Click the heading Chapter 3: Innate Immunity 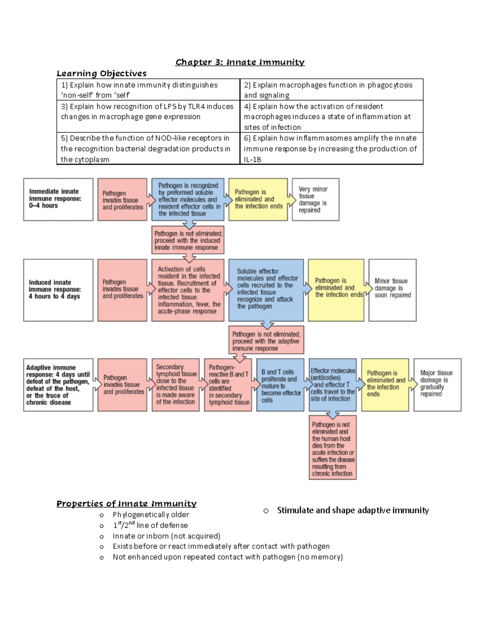pos(240,62)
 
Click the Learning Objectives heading pos(102,73)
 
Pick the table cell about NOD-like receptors pos(148,148)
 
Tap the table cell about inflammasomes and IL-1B pos(331,148)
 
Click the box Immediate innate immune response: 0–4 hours pos(58,199)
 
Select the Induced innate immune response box pos(58,290)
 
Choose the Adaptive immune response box pos(58,385)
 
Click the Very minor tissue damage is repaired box pos(316,199)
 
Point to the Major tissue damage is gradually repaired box pos(437,385)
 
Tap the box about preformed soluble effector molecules pos(188,199)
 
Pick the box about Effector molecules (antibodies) pos(332,385)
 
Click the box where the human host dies pos(332,448)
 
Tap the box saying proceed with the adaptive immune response pos(266,340)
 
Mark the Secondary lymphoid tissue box pos(176,385)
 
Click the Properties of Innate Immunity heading pos(126,503)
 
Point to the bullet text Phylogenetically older pos(151,515)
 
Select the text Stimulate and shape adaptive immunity pos(353,510)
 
